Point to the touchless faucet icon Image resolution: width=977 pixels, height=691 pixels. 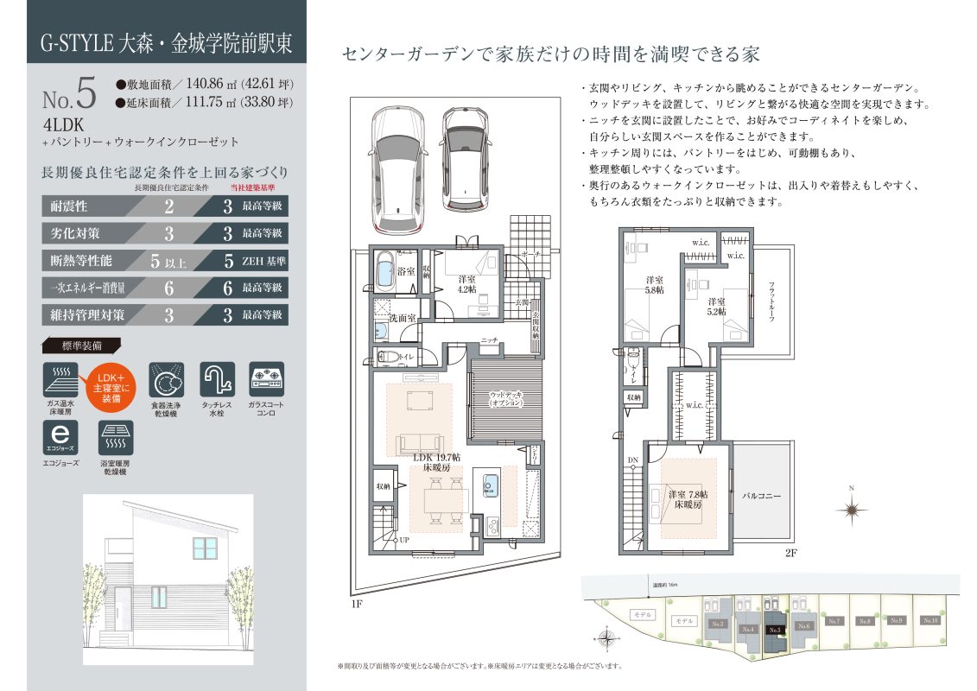216,379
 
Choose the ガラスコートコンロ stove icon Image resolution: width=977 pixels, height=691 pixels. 266,379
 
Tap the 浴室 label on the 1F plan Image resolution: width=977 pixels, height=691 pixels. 404,271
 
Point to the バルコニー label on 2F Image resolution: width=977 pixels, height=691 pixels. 761,497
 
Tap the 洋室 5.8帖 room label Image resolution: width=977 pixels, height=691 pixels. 654,286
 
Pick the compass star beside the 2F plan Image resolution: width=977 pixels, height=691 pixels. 851,510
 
